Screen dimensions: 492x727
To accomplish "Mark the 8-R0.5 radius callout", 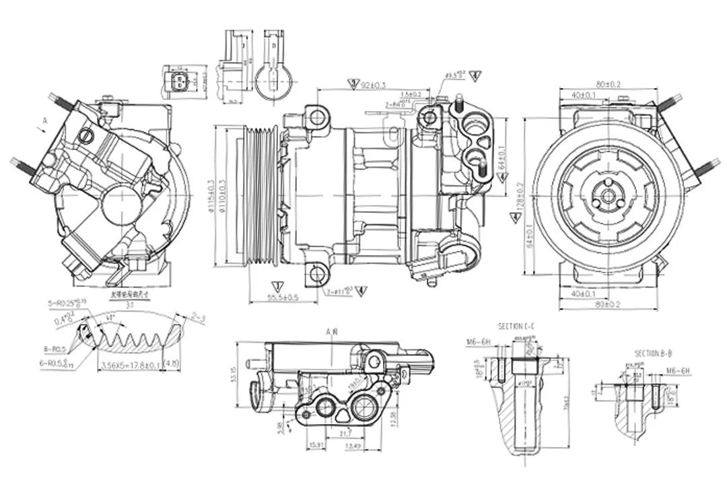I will tap(55, 349).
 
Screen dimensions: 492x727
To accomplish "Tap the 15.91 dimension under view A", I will tap(316, 445).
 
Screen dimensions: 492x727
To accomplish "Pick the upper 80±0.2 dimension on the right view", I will tap(608, 84).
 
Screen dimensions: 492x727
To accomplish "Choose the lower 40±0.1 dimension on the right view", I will tap(583, 293).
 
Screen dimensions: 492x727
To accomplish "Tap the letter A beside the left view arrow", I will tap(45, 120).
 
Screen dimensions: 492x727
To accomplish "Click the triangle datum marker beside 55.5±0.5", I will tap(275, 285).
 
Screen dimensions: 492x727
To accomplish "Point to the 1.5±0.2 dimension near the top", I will tap(411, 95).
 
